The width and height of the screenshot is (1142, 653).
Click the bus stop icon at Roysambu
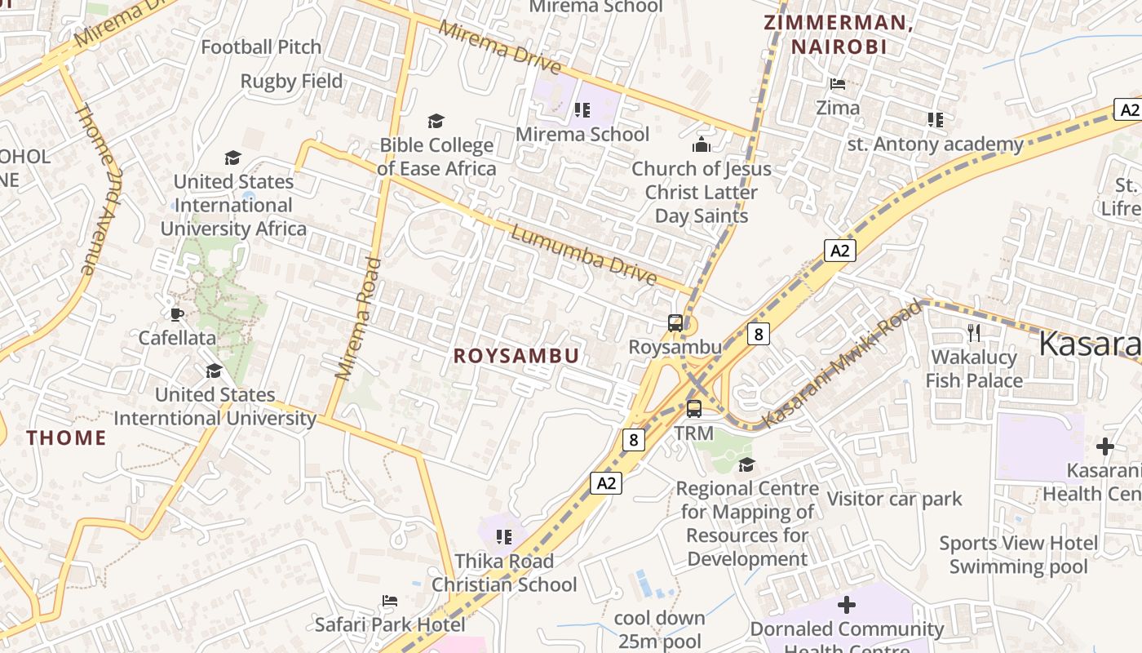pyautogui.click(x=675, y=322)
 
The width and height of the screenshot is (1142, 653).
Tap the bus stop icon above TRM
pyautogui.click(x=693, y=409)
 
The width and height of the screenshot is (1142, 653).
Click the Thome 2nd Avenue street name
pyautogui.click(x=98, y=189)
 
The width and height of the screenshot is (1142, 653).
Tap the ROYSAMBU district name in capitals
pyautogui.click(x=516, y=356)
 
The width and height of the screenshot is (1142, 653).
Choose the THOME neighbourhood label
pyautogui.click(x=66, y=438)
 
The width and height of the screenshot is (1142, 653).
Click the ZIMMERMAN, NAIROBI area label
pyautogui.click(x=839, y=35)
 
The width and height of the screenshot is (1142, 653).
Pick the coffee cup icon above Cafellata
pyautogui.click(x=176, y=314)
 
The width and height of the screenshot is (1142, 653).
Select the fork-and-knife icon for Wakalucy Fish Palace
pyautogui.click(x=973, y=332)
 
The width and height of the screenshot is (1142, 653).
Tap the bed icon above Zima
pyautogui.click(x=837, y=84)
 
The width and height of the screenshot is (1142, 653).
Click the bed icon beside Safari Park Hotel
pyautogui.click(x=390, y=601)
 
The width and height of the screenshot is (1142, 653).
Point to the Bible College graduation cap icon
pyautogui.click(x=436, y=122)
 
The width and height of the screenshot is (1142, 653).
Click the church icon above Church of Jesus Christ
pyautogui.click(x=701, y=145)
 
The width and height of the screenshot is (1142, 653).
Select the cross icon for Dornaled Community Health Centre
pyautogui.click(x=847, y=605)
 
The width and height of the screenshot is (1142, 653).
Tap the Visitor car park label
pyautogui.click(x=895, y=499)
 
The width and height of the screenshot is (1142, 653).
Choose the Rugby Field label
pyautogui.click(x=291, y=82)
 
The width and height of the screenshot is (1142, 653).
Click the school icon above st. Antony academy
pyautogui.click(x=935, y=120)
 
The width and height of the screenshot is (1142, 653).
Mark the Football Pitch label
pyautogui.click(x=261, y=47)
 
